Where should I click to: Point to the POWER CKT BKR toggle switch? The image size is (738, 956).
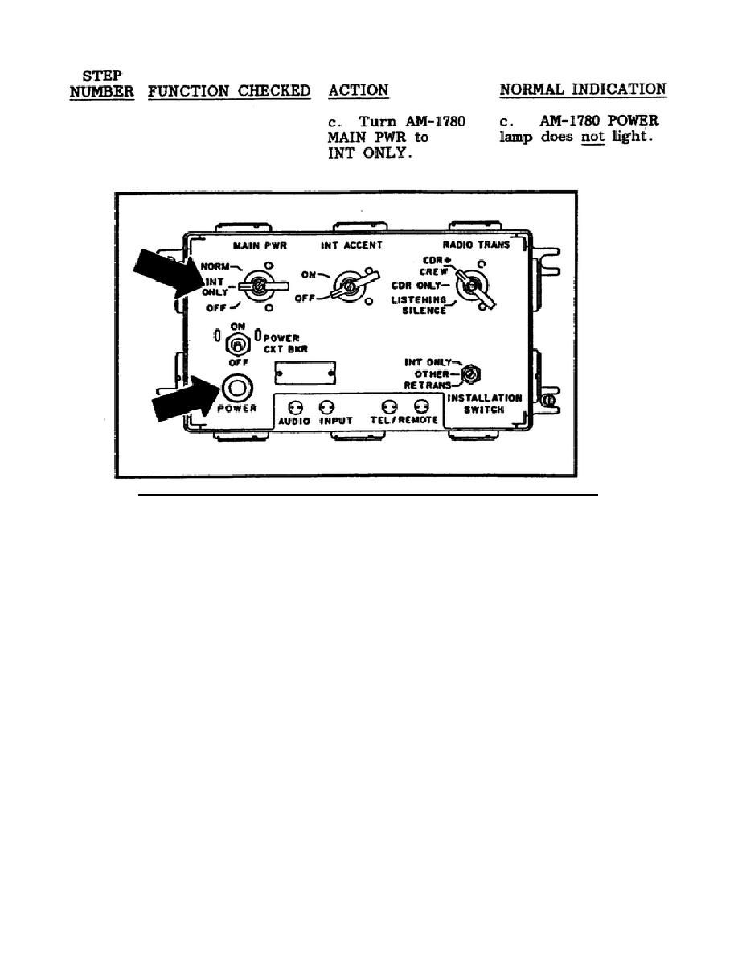pos(237,344)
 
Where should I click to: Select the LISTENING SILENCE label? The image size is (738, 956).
pos(419,304)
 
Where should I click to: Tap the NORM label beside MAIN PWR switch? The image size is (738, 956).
pos(216,265)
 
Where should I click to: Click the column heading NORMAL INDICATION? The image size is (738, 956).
pos(583,89)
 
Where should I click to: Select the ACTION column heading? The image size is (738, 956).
pos(359,90)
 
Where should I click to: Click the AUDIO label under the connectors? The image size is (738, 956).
pos(294,421)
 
